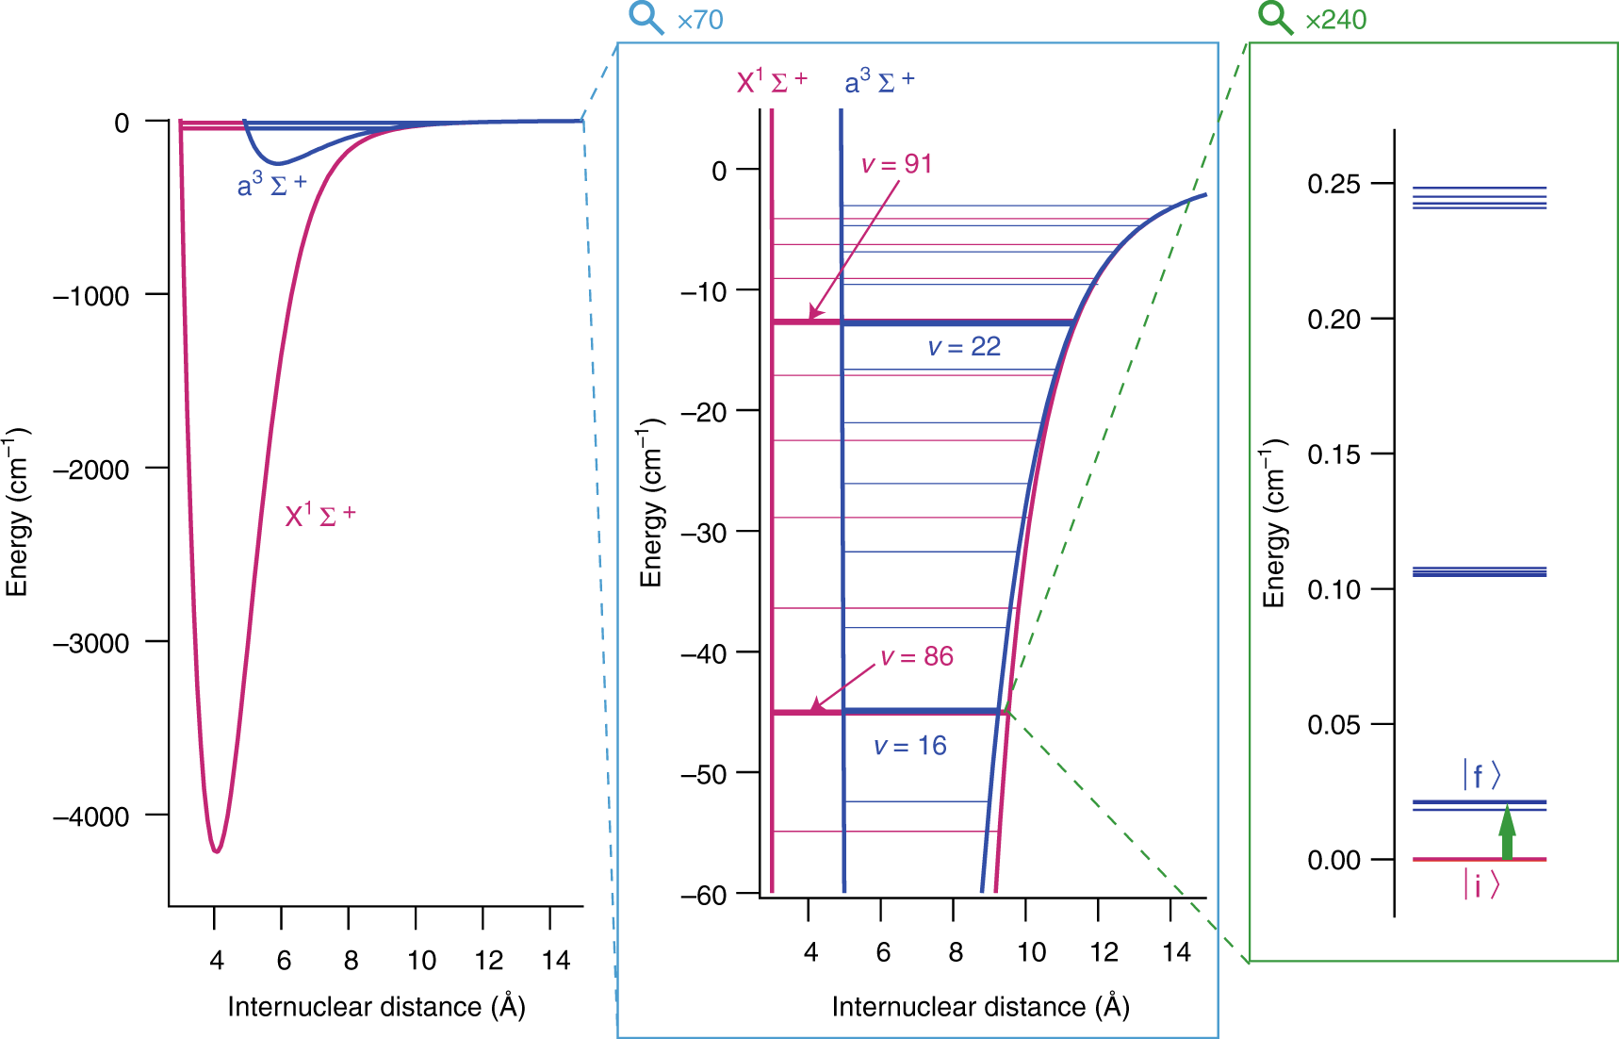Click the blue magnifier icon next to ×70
[646, 17]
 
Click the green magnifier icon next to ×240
[1275, 17]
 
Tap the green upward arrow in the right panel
[1507, 833]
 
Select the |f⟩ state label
[1480, 775]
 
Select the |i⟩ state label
[1480, 884]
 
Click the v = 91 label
[896, 164]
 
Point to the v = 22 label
[964, 347]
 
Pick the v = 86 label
[917, 656]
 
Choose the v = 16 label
[909, 746]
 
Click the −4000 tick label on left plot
[91, 816]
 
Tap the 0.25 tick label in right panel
[1333, 184]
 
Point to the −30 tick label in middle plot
[704, 533]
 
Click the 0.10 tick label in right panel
[1333, 590]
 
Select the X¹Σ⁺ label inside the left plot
[320, 515]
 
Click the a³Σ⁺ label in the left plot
[271, 185]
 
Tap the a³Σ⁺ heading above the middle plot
[878, 82]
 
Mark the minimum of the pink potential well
[217, 851]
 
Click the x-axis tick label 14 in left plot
[556, 961]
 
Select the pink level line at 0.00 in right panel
[1479, 859]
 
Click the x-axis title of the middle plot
[980, 1007]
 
